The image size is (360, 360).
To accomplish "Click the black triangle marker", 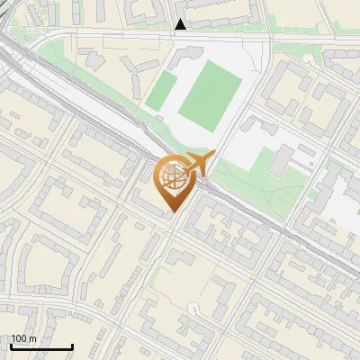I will pyautogui.click(x=181, y=24).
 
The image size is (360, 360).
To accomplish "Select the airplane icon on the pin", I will pyautogui.click(x=197, y=164).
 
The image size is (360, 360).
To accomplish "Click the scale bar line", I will pyautogui.click(x=41, y=347).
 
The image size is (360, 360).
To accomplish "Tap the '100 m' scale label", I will pyautogui.click(x=24, y=338).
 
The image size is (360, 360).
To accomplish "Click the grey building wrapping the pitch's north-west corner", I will pyautogui.click(x=184, y=56).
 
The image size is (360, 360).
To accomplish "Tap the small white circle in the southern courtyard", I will pyautogui.click(x=192, y=309).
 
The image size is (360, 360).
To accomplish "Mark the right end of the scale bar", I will pyautogui.click(x=72, y=347).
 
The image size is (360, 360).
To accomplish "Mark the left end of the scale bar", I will pyautogui.click(x=11, y=347).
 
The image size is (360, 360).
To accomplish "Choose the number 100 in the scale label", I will pyautogui.click(x=19, y=338).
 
